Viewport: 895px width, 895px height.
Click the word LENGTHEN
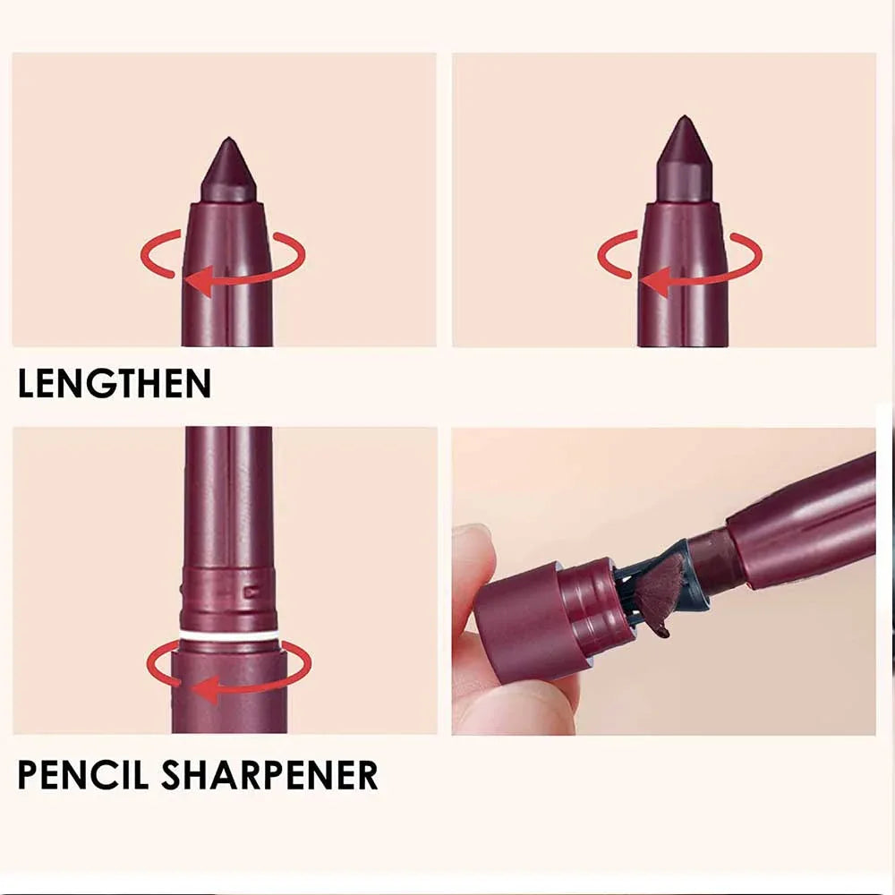[115, 383]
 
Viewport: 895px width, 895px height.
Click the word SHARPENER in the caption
[269, 774]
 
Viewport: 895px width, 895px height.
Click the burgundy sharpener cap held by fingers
[528, 618]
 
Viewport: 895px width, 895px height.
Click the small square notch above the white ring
[253, 591]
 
